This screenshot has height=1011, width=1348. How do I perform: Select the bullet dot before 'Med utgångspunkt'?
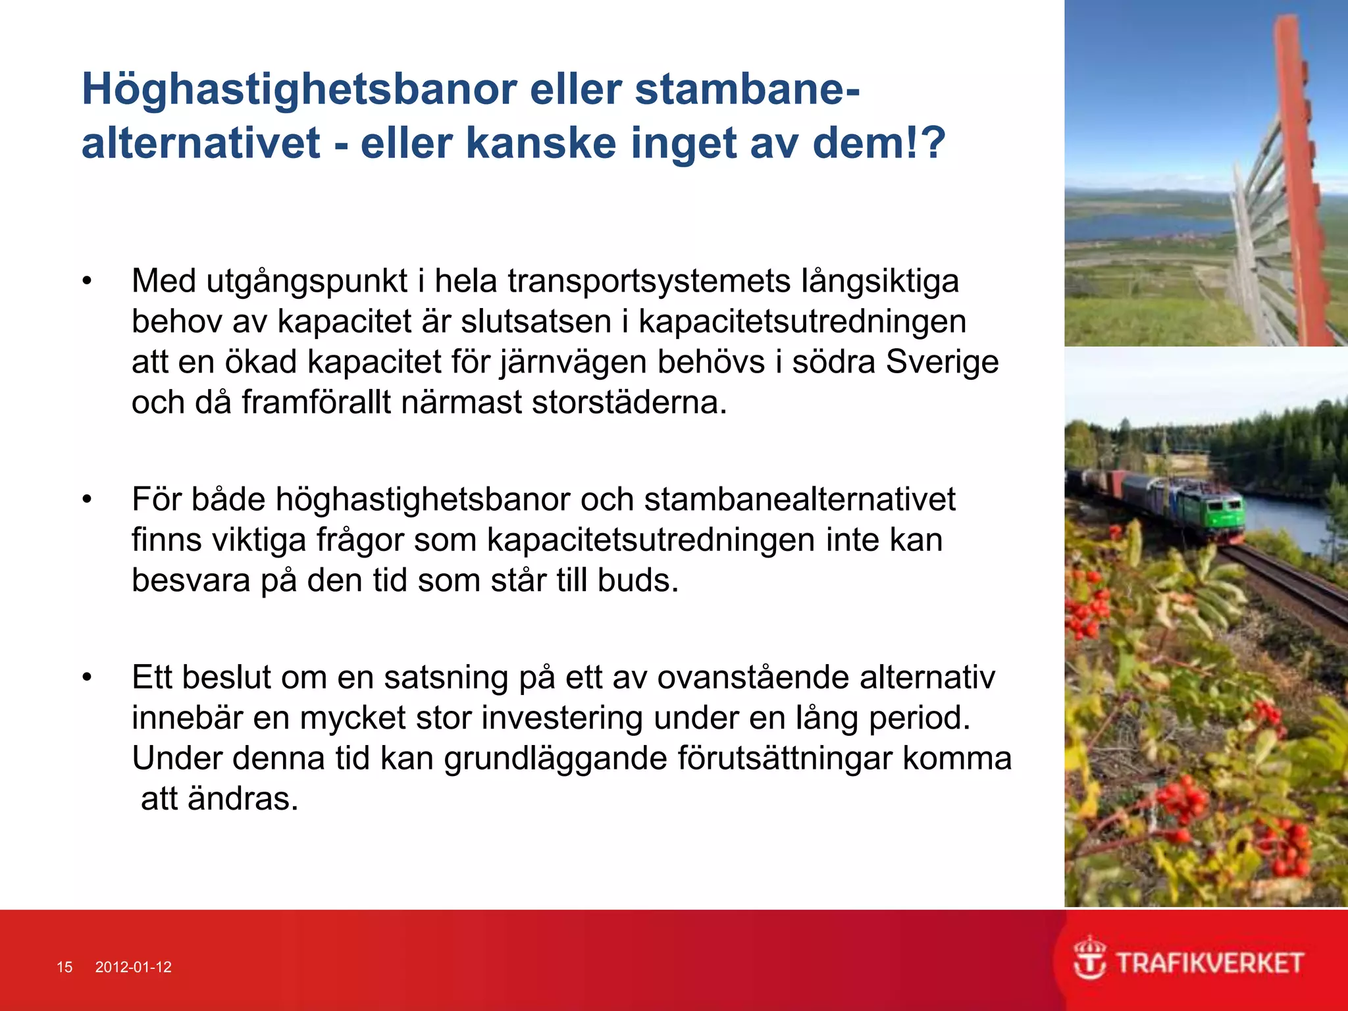coord(87,282)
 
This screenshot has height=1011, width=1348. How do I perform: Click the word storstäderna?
coord(629,402)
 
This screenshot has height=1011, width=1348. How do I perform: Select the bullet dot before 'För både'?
coord(87,500)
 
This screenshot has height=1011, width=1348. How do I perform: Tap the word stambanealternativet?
coord(799,499)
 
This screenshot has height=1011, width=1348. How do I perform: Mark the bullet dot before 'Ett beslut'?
coord(87,677)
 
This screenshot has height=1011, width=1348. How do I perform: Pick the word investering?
coord(562,717)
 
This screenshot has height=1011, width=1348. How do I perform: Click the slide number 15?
coord(65,967)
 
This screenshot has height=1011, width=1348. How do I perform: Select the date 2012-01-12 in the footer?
coord(134,967)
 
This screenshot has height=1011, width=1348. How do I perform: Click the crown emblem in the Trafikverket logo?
coord(1090,958)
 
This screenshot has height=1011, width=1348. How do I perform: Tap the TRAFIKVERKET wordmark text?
coord(1210,964)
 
